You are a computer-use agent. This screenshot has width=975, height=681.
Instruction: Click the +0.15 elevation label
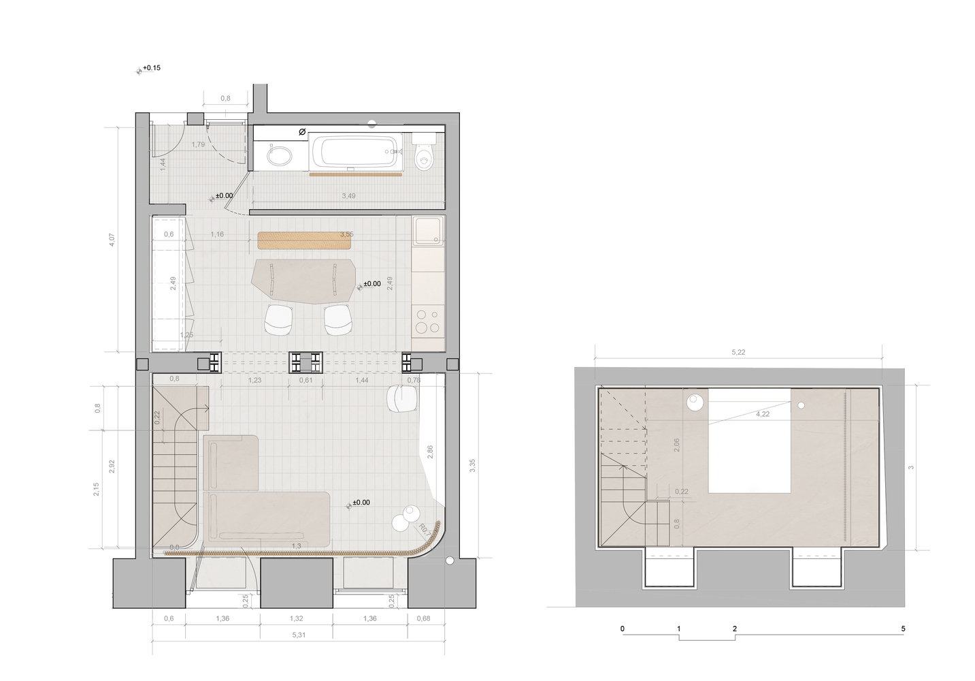[x=151, y=68]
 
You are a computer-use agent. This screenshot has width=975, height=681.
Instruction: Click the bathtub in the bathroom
[x=354, y=153]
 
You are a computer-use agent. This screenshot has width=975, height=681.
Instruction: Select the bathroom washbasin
[x=279, y=156]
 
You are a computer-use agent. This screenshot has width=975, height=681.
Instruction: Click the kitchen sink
[x=428, y=230]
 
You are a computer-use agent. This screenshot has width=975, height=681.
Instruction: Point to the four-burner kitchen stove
[x=428, y=321]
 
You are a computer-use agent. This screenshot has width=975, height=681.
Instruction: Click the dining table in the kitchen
[x=304, y=280]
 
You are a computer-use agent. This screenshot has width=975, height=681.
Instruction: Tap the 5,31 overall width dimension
[x=298, y=635]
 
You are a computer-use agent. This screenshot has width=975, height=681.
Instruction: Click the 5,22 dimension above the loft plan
[x=738, y=352]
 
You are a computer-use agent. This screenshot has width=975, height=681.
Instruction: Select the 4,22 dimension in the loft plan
[x=763, y=414]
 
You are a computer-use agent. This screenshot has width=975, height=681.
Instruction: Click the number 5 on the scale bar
[x=903, y=629]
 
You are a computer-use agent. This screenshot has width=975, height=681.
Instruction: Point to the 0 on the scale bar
[x=622, y=629]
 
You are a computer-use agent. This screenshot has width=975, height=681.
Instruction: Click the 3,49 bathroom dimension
[x=348, y=196]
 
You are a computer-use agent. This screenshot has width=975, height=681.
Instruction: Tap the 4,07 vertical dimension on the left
[x=112, y=240]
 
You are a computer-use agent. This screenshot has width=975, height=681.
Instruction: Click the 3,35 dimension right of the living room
[x=472, y=466]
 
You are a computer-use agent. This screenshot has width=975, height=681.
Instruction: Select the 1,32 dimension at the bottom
[x=296, y=618]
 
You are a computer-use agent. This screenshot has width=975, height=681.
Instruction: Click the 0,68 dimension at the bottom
[x=423, y=618]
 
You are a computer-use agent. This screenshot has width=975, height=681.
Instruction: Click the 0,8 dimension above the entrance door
[x=225, y=99]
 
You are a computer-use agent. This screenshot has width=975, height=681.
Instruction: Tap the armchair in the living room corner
[x=401, y=398]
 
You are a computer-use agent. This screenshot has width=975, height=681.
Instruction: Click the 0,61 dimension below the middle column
[x=305, y=380]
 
